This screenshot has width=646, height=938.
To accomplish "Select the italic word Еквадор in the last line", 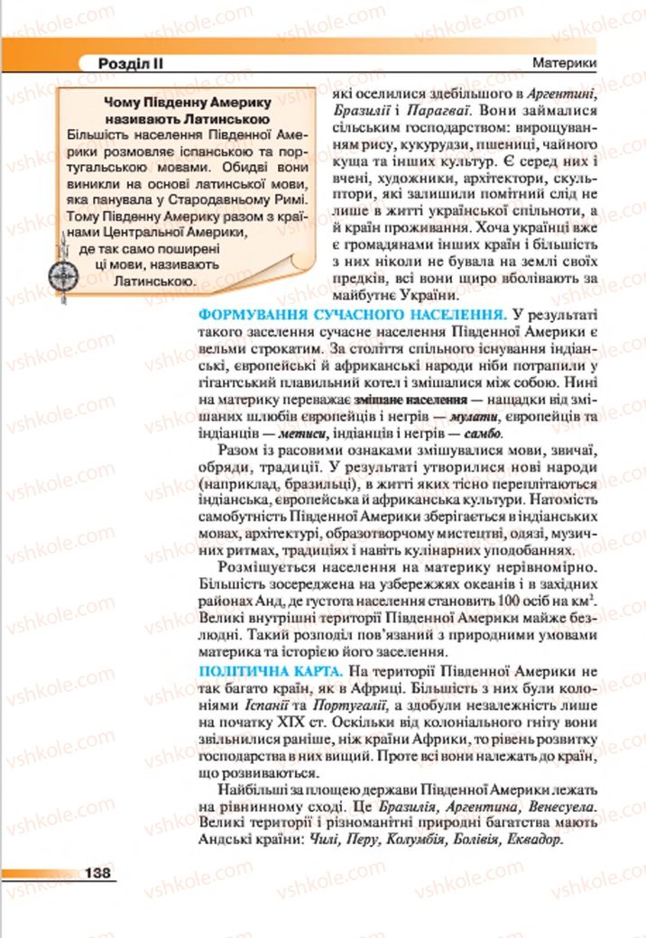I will pyautogui.click(x=532, y=838).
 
